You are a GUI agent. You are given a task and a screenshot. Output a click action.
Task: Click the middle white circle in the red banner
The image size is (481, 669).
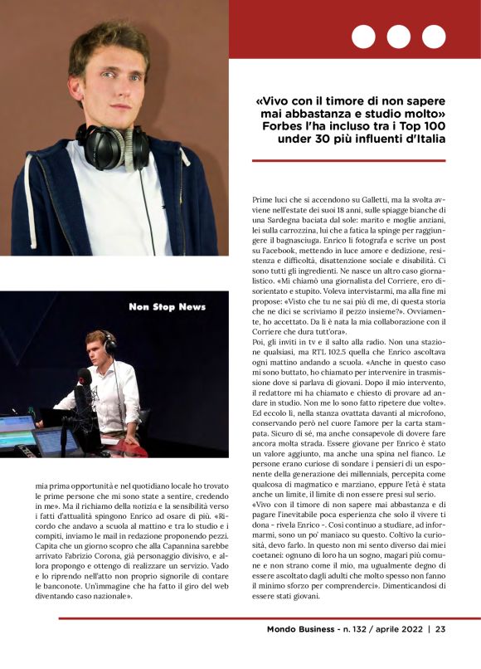[398, 37]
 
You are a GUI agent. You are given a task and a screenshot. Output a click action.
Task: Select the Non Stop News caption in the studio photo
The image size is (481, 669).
[168, 307]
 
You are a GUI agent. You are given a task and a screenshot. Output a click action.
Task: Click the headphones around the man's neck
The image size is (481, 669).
[113, 146]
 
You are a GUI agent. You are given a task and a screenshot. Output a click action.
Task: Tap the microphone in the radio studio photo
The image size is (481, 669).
[83, 378]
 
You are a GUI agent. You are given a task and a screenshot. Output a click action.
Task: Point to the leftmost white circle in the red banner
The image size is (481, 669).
[364, 37]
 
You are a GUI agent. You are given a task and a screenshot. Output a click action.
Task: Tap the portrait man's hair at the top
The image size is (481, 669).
[109, 37]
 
